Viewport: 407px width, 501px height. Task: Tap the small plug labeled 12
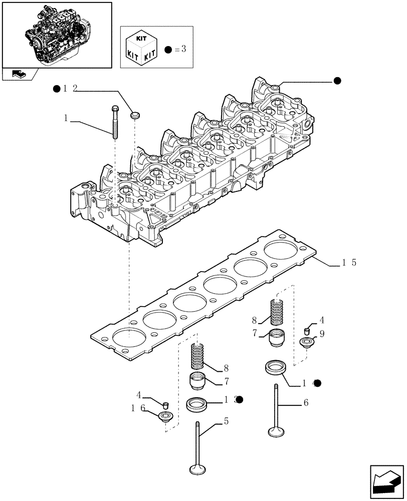(134, 116)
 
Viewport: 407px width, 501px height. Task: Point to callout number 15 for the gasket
(349, 263)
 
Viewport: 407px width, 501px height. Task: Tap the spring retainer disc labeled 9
(306, 343)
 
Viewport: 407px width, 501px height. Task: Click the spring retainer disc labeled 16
(165, 415)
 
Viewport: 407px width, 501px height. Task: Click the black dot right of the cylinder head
(337, 81)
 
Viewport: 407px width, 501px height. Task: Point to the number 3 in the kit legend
(183, 49)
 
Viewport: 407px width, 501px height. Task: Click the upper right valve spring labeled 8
(277, 312)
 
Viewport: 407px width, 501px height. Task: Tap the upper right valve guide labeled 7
(277, 338)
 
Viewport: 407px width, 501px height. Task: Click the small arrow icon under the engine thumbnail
(18, 74)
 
